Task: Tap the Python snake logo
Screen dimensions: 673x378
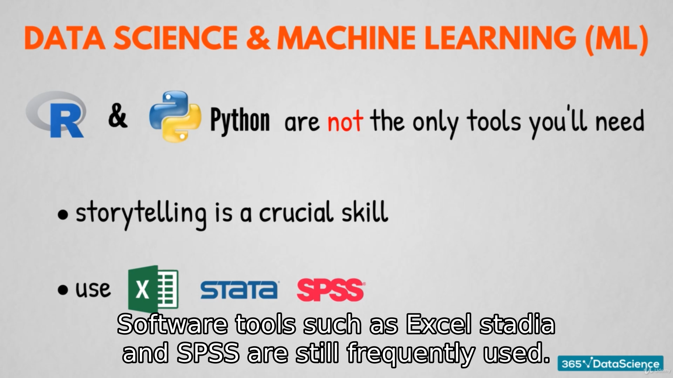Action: pos(175,116)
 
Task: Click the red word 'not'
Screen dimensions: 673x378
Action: pos(345,121)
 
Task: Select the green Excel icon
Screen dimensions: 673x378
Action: pos(153,288)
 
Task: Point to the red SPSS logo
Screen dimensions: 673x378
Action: pos(331,290)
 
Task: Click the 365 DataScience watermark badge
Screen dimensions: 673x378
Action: pos(611,364)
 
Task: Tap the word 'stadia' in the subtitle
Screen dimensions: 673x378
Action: pos(517,324)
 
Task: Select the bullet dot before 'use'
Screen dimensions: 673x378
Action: pos(63,290)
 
